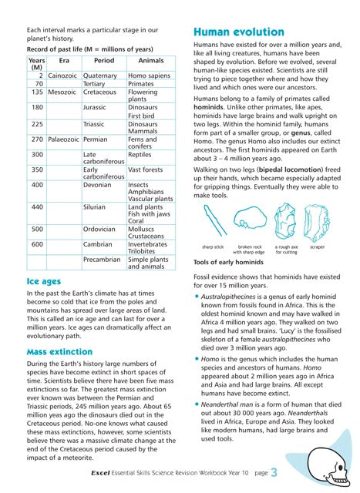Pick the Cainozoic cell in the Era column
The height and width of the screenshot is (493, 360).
pos(61,76)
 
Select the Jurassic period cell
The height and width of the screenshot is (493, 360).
pos(94,108)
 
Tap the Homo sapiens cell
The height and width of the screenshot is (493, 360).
pos(147,76)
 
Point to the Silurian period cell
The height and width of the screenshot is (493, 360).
pos(94,207)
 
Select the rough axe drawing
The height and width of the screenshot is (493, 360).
pos(284,222)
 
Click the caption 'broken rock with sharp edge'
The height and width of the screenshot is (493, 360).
pos(249,249)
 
